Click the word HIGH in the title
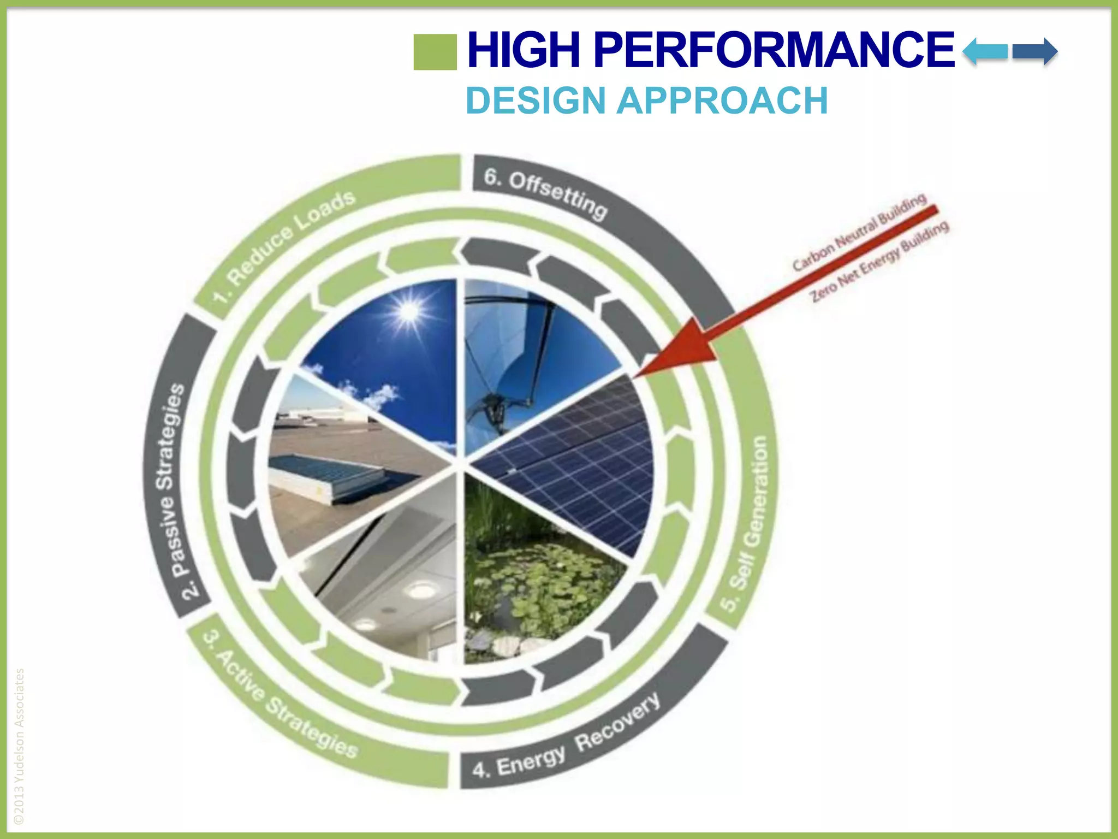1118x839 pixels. point(524,50)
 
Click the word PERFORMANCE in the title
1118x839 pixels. point(774,50)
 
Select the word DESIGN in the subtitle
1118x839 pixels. point(535,101)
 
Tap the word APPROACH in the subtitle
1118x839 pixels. point(722,101)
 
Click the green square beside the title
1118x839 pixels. point(435,52)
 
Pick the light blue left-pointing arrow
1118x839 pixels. point(985,52)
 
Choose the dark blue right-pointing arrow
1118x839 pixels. point(1034,52)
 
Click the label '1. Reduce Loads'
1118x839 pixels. point(284,246)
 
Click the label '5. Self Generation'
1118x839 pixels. point(751,524)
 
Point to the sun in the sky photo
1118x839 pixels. point(408,311)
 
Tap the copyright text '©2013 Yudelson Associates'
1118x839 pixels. point(19,746)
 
